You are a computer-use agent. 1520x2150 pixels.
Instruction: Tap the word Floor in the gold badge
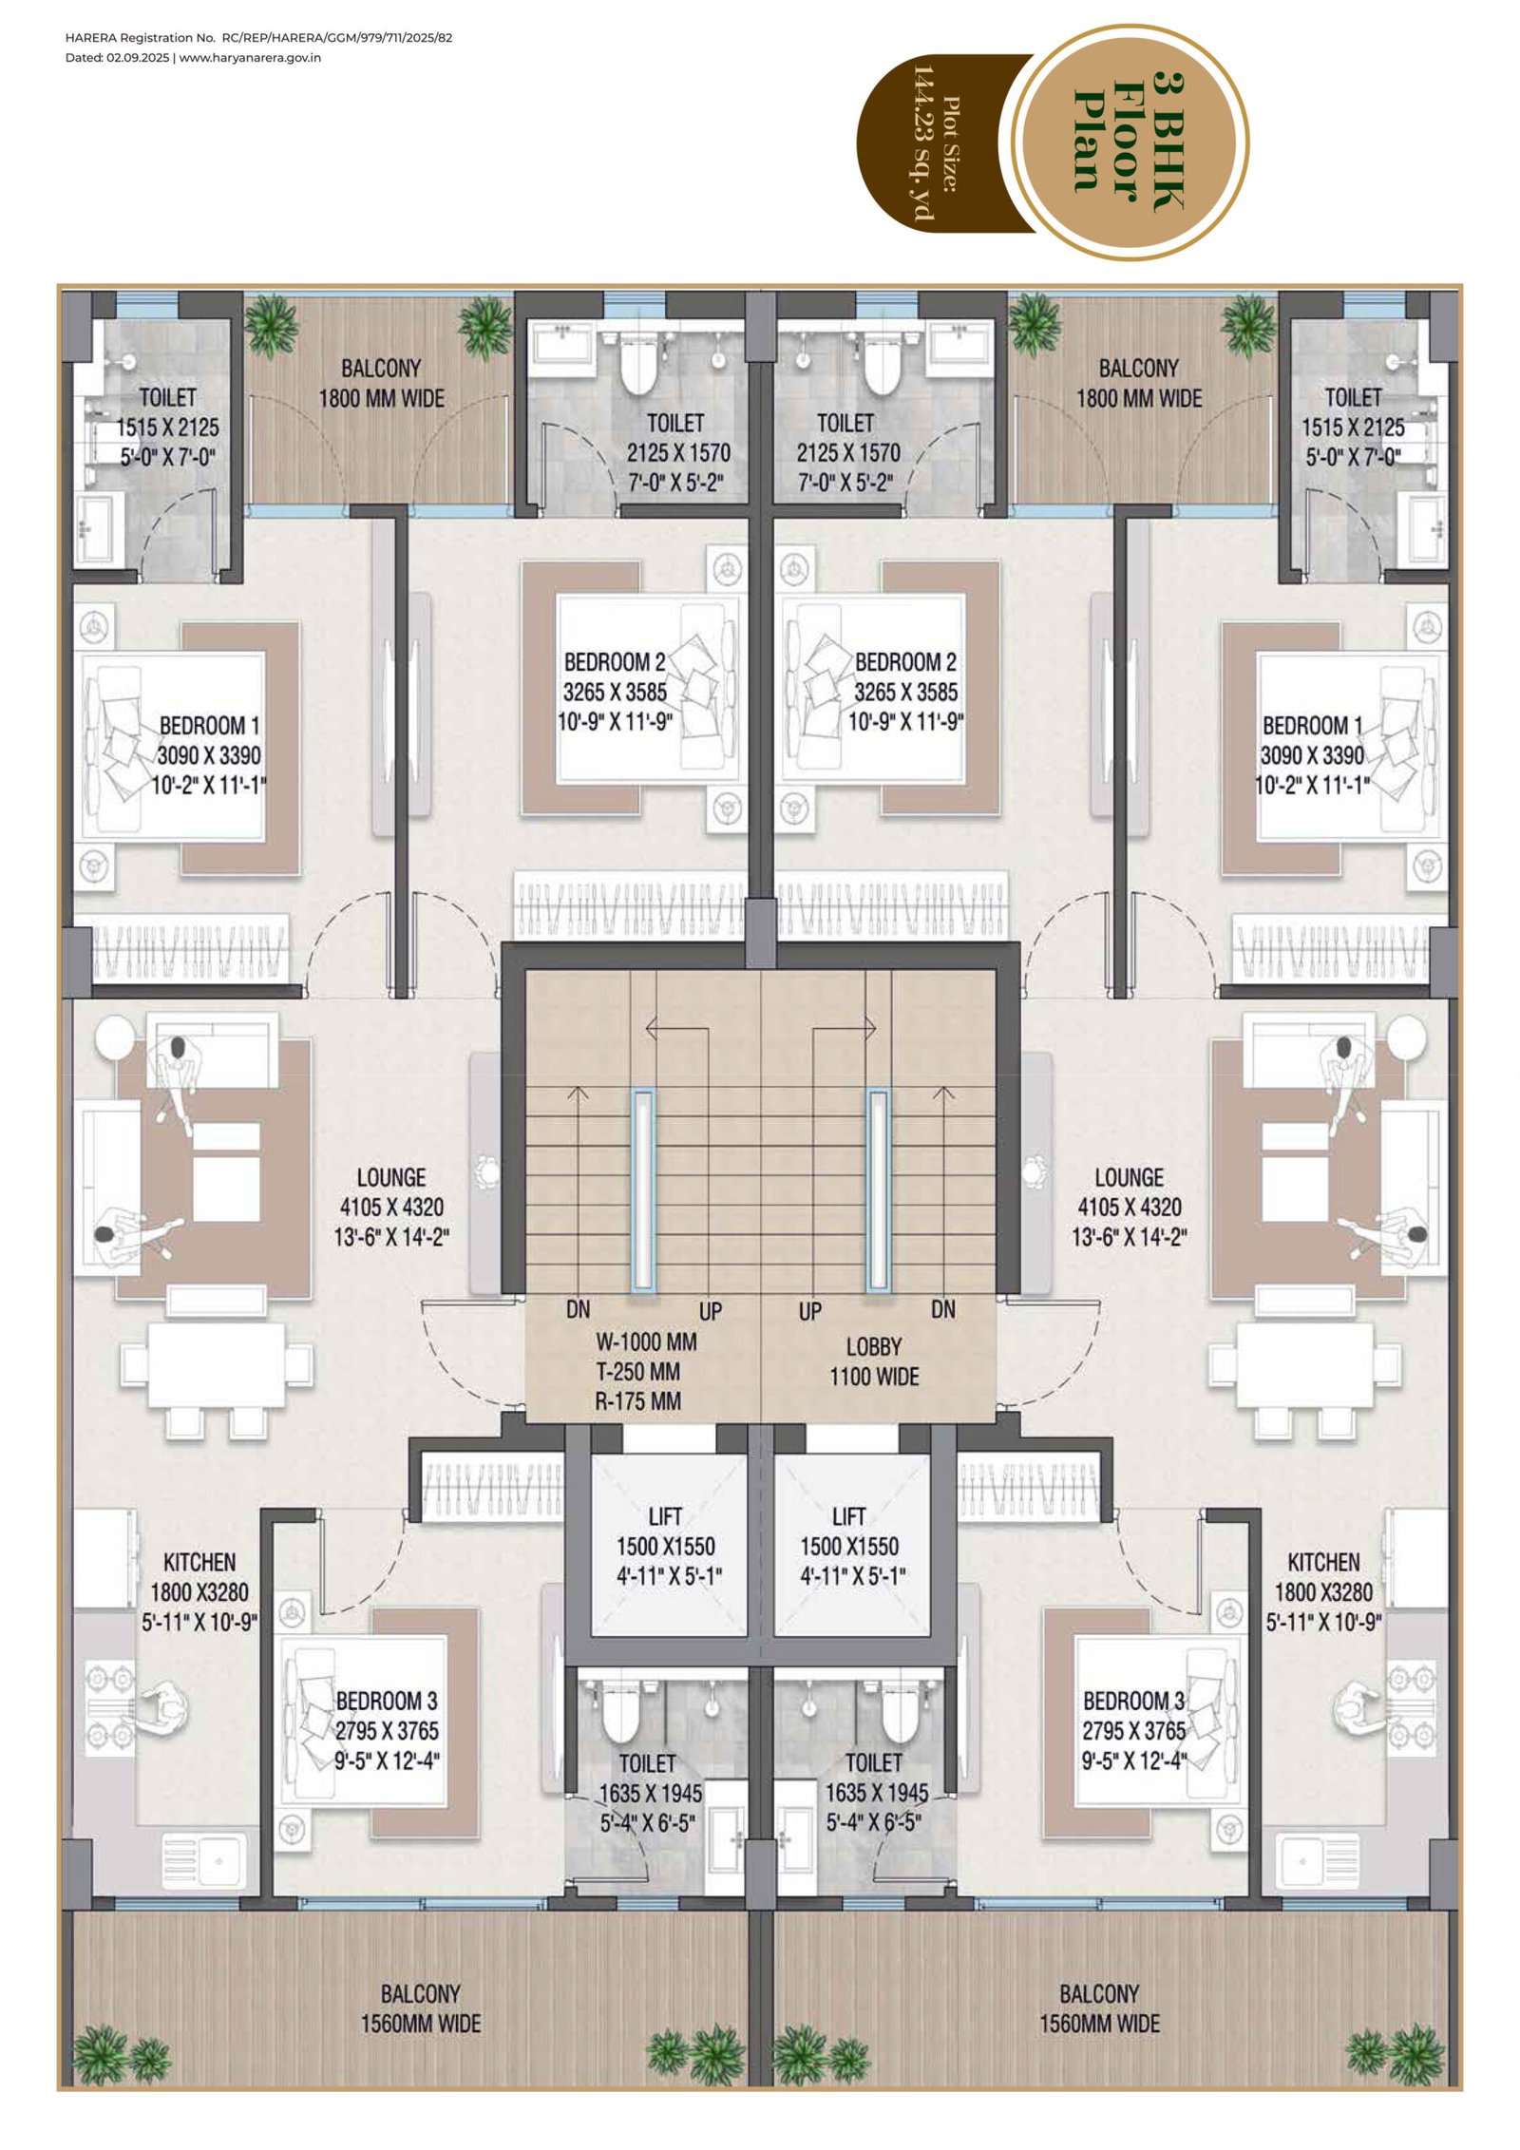[x=1127, y=142]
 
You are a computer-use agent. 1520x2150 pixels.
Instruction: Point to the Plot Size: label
[x=951, y=143]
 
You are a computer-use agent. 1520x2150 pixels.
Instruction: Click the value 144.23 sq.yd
[x=922, y=143]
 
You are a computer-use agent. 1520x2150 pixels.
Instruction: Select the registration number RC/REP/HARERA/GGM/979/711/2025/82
[x=337, y=38]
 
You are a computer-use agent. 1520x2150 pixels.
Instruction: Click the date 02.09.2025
[x=138, y=57]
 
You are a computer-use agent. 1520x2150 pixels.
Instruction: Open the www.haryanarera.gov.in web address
[x=250, y=57]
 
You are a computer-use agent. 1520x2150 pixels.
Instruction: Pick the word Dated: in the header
[x=84, y=57]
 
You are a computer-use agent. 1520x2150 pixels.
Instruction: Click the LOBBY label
[x=874, y=1346]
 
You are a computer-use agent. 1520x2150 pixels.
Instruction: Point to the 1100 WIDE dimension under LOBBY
[x=874, y=1376]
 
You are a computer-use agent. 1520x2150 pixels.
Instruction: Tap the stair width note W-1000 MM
[x=646, y=1341]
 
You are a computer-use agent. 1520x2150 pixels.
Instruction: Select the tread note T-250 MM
[x=638, y=1371]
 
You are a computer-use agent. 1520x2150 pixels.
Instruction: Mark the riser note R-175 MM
[x=638, y=1400]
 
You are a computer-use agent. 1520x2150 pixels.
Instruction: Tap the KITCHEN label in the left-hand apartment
[x=199, y=1562]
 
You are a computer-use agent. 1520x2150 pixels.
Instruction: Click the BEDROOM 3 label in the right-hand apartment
[x=1133, y=1700]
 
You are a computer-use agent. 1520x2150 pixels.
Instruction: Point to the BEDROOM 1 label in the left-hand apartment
[x=209, y=725]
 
